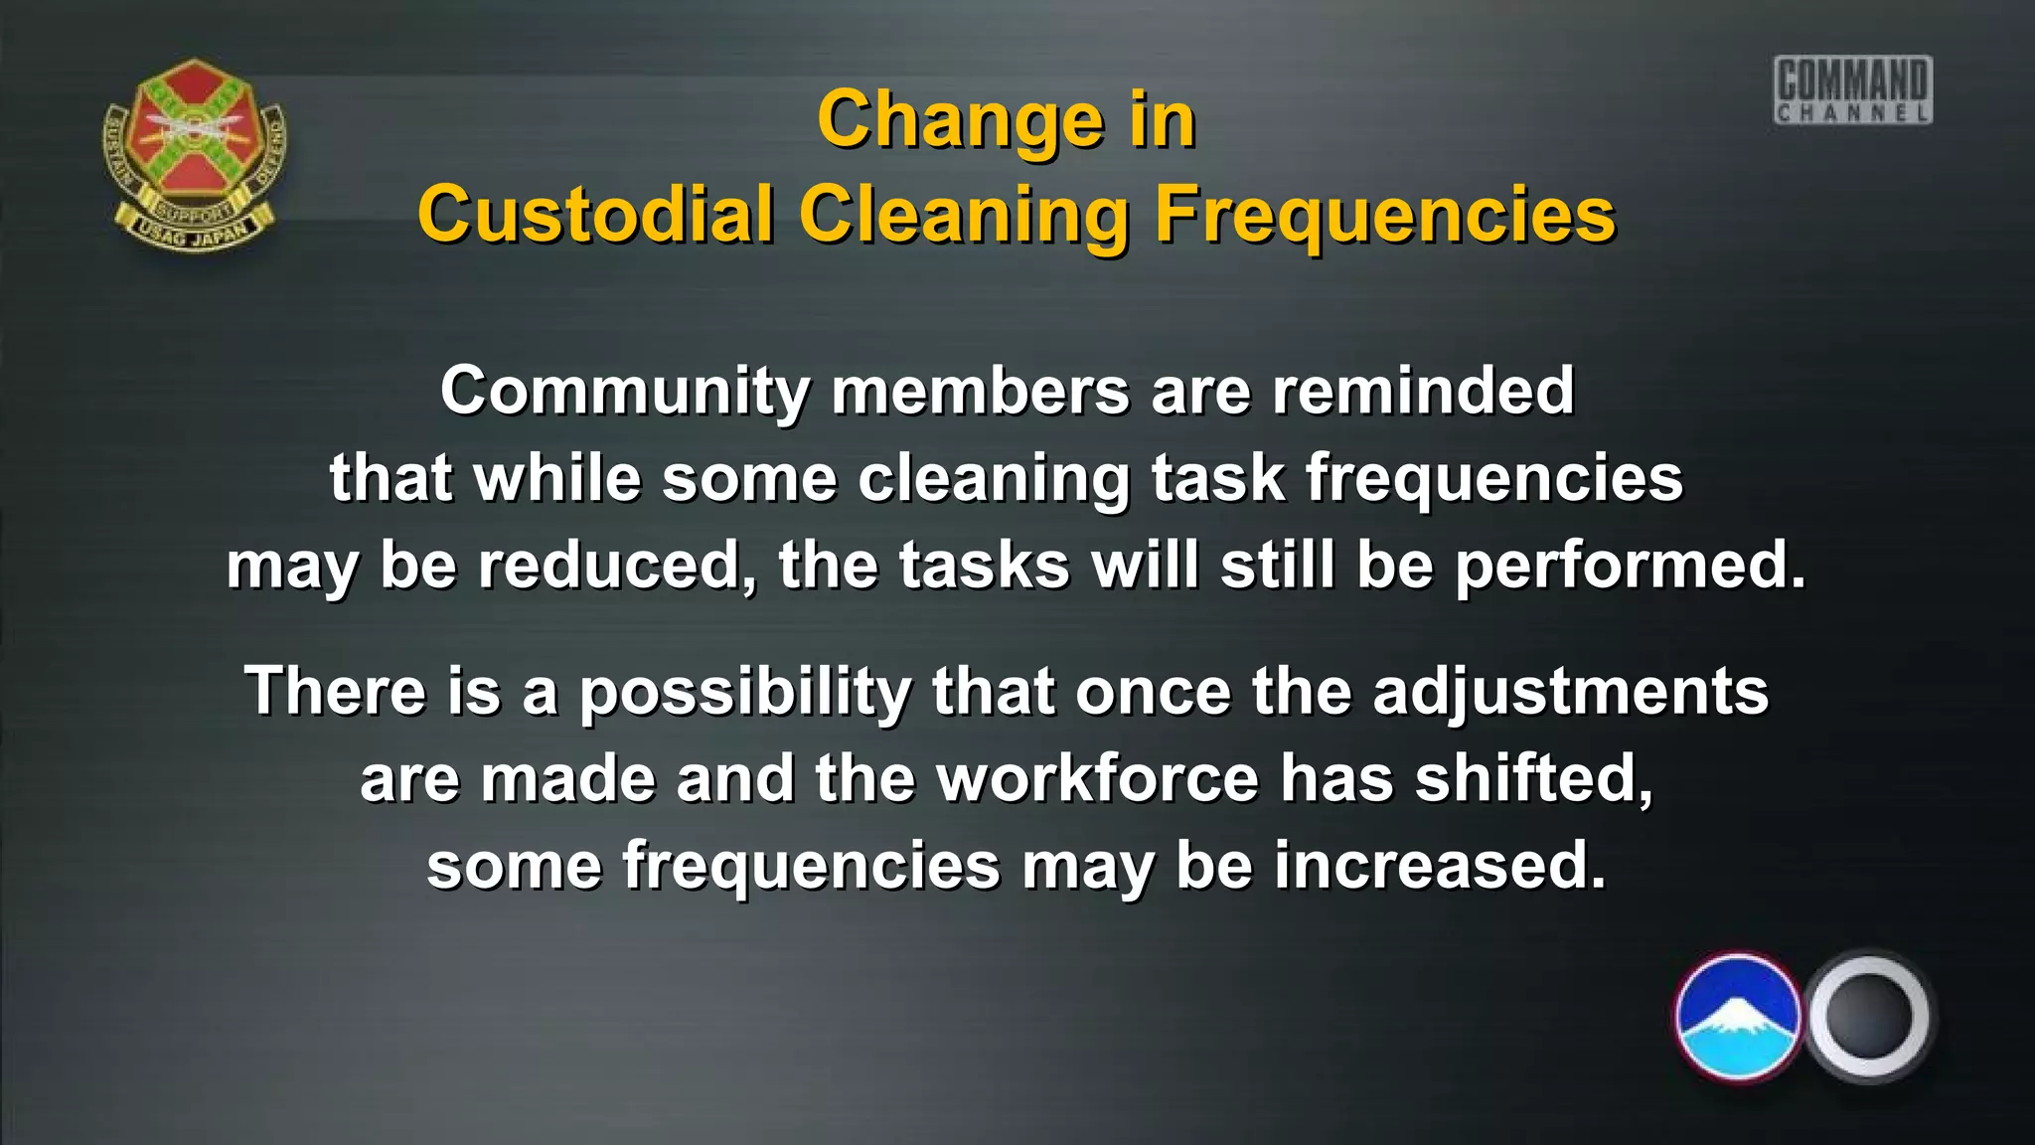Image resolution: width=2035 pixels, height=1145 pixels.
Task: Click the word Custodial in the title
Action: pos(595,214)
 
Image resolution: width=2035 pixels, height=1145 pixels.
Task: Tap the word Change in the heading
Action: pos(959,120)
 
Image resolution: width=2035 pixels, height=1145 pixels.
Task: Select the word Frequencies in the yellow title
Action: pos(1384,216)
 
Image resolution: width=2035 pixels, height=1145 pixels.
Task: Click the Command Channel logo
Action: pos(1853,90)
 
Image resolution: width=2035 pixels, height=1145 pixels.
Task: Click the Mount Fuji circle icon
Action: pos(1737,1017)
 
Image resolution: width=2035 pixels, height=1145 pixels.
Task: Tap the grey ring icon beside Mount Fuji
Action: pos(1868,1017)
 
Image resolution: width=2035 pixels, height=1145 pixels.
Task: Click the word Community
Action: pos(625,391)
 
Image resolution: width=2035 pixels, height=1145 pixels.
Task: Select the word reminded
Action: pos(1423,390)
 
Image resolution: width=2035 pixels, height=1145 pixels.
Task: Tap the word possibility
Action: pos(744,692)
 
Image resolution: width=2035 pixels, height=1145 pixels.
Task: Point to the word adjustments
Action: pos(1570,692)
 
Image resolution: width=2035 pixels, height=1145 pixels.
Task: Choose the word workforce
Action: pos(1098,778)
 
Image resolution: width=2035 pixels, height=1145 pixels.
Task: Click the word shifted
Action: pos(1534,778)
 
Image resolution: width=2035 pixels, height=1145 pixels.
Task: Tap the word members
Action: pos(981,391)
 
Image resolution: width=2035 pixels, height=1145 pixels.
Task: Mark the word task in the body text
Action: pos(1217,478)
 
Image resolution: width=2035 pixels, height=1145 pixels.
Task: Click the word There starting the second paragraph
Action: pos(335,691)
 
